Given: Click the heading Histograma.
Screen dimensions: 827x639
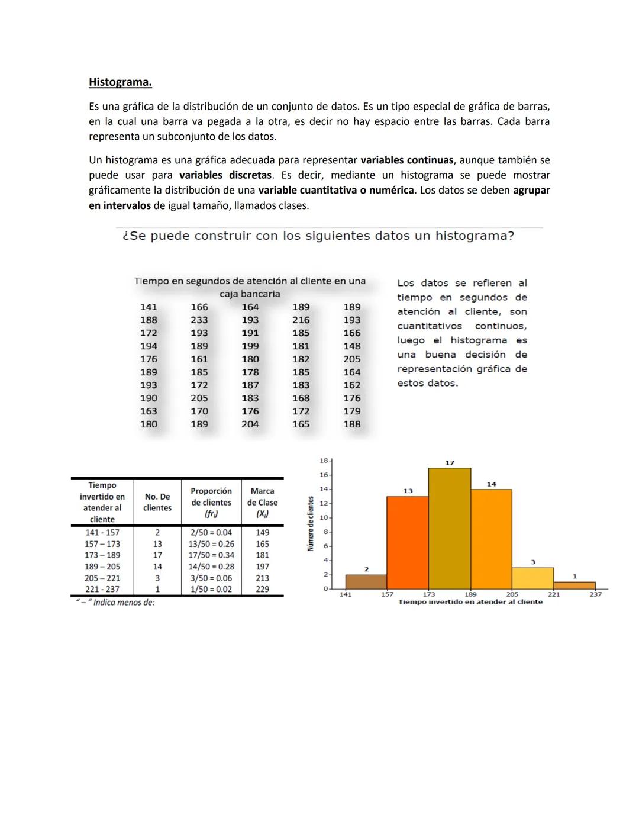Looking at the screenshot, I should tap(120, 82).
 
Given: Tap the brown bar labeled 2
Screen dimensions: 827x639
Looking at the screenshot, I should tap(366, 582).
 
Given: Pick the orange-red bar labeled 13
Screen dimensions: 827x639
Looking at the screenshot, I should tap(407, 543).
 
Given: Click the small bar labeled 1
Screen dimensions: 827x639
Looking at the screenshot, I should tap(574, 585).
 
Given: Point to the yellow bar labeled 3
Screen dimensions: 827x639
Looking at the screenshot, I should tap(532, 578).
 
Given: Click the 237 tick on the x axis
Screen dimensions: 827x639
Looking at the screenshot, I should tap(595, 594).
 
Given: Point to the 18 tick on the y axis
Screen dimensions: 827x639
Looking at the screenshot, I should tap(324, 460).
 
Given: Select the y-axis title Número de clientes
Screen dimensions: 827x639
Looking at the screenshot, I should tap(311, 524).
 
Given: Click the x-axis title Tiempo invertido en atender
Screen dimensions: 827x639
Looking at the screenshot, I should tap(470, 602).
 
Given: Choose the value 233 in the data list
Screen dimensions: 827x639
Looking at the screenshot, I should tap(199, 320).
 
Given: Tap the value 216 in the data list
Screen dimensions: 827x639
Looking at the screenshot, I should tap(301, 320).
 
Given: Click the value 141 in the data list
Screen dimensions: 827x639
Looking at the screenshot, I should tap(149, 307).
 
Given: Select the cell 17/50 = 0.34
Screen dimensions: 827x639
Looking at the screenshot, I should tap(211, 555).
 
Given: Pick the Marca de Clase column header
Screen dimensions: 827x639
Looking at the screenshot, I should tap(262, 502).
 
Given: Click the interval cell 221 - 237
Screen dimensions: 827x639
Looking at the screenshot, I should tap(102, 590).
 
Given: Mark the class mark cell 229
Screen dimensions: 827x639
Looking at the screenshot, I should tap(262, 590).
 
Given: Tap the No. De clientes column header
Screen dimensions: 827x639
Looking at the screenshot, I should tap(157, 502).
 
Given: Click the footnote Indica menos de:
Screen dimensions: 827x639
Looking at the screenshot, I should tap(116, 603).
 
